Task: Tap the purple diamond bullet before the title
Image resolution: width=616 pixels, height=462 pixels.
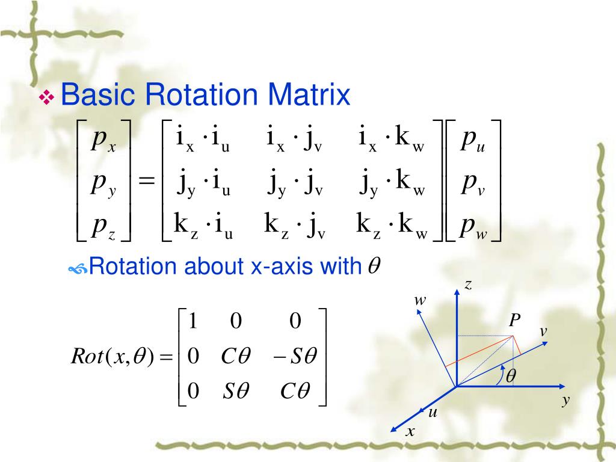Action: [x=46, y=97]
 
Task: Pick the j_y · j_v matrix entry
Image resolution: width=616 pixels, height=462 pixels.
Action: [x=295, y=184]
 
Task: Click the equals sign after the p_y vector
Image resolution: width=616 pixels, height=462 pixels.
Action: [x=146, y=181]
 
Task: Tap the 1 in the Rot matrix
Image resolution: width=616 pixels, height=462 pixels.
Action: [x=193, y=321]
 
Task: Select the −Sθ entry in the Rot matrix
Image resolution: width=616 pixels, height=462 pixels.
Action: [x=294, y=356]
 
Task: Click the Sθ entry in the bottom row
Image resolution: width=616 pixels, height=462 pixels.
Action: [x=235, y=392]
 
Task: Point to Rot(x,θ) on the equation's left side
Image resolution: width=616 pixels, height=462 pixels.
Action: [x=117, y=357]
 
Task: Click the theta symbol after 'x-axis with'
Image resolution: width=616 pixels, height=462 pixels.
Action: [x=373, y=266]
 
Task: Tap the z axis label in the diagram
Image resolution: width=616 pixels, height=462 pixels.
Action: [x=467, y=285]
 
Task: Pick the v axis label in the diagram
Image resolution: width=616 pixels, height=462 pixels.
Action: [x=543, y=331]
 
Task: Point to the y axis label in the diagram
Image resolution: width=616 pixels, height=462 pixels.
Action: [x=565, y=401]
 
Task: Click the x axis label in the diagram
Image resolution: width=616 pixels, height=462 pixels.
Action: [x=410, y=431]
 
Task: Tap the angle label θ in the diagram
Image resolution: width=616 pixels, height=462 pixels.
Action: [x=511, y=376]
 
